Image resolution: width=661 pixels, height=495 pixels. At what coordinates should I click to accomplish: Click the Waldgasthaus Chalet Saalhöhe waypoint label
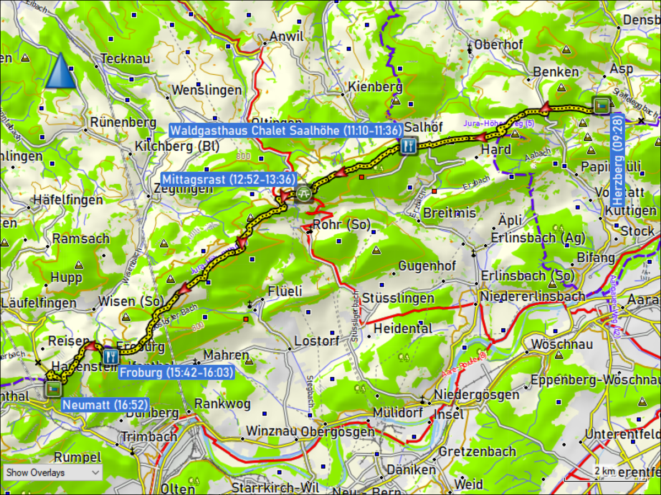click(x=286, y=131)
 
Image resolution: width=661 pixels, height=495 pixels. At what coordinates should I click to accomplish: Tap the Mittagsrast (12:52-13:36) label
click(x=229, y=179)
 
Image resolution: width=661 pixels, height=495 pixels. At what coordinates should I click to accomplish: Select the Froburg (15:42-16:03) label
click(x=176, y=373)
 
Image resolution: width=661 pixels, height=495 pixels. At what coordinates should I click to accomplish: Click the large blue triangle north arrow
click(x=61, y=71)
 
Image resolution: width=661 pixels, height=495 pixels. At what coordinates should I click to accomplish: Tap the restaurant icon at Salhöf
click(x=407, y=146)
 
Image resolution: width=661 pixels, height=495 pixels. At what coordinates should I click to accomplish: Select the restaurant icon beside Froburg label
click(x=111, y=356)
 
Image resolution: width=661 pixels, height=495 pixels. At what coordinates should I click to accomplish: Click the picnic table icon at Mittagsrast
click(x=303, y=194)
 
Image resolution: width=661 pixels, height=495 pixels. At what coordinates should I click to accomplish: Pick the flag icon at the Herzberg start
click(x=601, y=105)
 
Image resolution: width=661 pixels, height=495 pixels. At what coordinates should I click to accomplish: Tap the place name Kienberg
click(x=375, y=87)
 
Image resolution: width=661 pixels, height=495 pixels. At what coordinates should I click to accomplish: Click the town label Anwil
click(x=286, y=37)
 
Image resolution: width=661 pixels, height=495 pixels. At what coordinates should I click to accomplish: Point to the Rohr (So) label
click(x=342, y=225)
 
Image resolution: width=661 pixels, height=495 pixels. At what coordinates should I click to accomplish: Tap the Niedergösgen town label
click(x=476, y=394)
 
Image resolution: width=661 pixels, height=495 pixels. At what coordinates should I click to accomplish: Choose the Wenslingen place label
click(x=207, y=90)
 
